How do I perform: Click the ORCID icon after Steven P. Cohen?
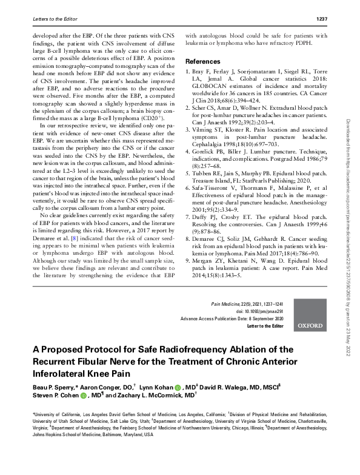[x=84, y=395]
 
